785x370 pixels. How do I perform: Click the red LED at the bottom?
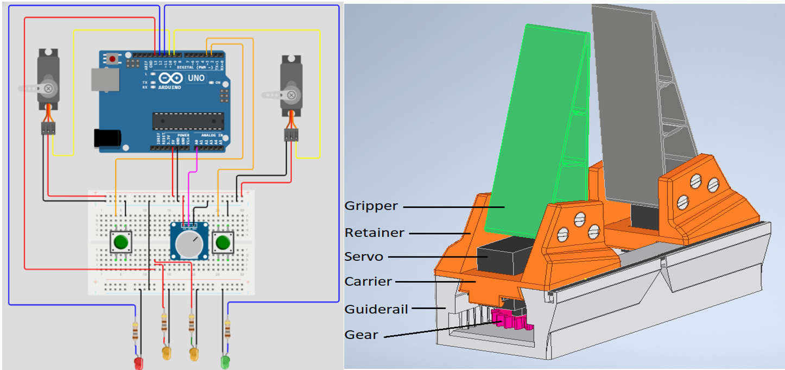point(139,363)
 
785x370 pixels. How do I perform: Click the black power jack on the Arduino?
point(107,137)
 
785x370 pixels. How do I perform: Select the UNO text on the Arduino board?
point(196,78)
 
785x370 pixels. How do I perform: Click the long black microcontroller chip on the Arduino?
point(188,121)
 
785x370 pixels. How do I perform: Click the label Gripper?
point(371,206)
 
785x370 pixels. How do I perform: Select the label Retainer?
point(375,233)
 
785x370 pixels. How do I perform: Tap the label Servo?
point(364,256)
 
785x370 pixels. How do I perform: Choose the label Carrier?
point(368,281)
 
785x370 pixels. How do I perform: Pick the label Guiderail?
point(376,309)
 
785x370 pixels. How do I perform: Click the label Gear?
point(361,335)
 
